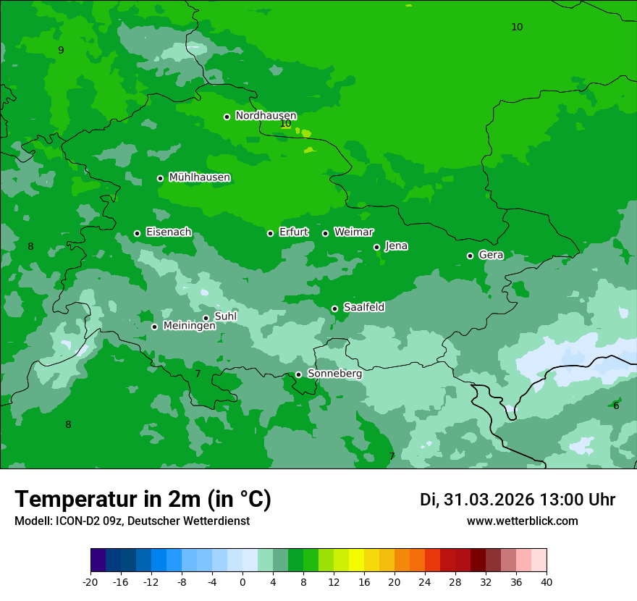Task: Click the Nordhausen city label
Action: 266,116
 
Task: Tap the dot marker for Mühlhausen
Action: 160,178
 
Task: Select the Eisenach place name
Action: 169,232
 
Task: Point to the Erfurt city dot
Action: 270,233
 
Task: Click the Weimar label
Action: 353,232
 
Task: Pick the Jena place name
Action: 396,246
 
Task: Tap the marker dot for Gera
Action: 470,256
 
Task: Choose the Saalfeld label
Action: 363,308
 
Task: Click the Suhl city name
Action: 225,316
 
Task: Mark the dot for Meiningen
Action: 154,327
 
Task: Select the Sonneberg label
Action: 334,374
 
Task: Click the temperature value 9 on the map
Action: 61,50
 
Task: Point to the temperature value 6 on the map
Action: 616,405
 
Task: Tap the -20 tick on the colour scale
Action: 90,581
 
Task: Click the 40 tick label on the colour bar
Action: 546,581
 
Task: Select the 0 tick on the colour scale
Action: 242,581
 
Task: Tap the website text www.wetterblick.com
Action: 522,521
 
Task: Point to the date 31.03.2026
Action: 489,500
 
